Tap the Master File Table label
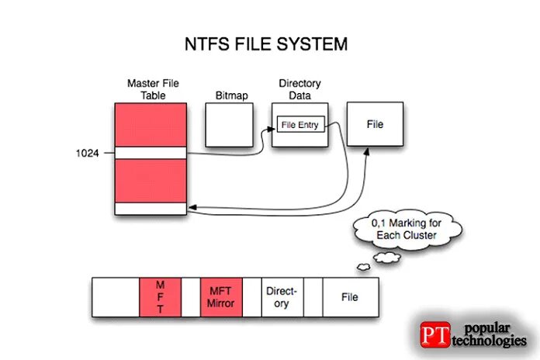(150, 89)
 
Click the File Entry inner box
(299, 125)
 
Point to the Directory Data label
(299, 89)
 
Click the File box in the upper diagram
(375, 124)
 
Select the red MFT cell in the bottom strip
(160, 296)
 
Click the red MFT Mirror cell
(221, 296)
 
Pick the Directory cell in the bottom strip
(282, 296)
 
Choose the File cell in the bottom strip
(351, 296)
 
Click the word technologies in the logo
(489, 342)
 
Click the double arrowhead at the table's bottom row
(192, 208)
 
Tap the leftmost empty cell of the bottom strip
(116, 296)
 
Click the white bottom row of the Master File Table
(150, 209)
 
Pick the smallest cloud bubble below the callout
(362, 268)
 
